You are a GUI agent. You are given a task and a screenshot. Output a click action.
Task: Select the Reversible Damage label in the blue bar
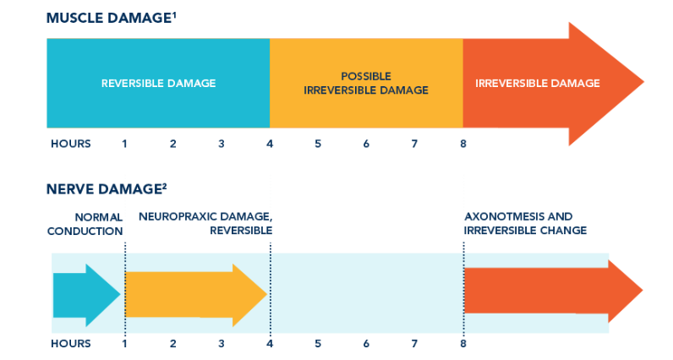[x=158, y=84]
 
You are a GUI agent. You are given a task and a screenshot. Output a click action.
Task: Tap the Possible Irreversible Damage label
[x=366, y=84]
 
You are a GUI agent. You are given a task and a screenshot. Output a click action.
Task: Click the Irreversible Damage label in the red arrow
[x=538, y=84]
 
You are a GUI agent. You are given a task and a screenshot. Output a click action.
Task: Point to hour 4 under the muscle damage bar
[x=270, y=144]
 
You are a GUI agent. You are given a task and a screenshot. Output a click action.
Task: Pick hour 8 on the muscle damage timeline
[x=463, y=144]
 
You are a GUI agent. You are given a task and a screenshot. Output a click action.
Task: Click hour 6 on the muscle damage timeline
[x=366, y=144]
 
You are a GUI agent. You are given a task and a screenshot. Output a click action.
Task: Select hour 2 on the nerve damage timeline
[x=173, y=344]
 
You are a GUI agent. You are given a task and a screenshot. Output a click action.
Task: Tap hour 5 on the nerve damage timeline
[x=318, y=344]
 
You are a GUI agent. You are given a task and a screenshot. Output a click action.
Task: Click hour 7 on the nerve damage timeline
[x=414, y=344]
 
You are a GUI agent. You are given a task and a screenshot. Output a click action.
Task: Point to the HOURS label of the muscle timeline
[x=71, y=144]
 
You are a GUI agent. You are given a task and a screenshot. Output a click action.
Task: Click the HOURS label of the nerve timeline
[x=71, y=344]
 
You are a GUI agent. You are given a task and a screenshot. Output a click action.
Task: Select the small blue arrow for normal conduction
[x=87, y=295]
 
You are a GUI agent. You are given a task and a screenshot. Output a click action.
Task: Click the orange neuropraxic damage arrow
[x=195, y=295]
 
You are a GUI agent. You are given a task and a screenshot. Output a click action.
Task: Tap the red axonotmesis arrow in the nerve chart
[x=553, y=291]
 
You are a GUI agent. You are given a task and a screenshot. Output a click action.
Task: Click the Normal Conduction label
[x=85, y=224]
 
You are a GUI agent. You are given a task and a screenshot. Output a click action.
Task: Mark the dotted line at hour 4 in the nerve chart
[x=271, y=290]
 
